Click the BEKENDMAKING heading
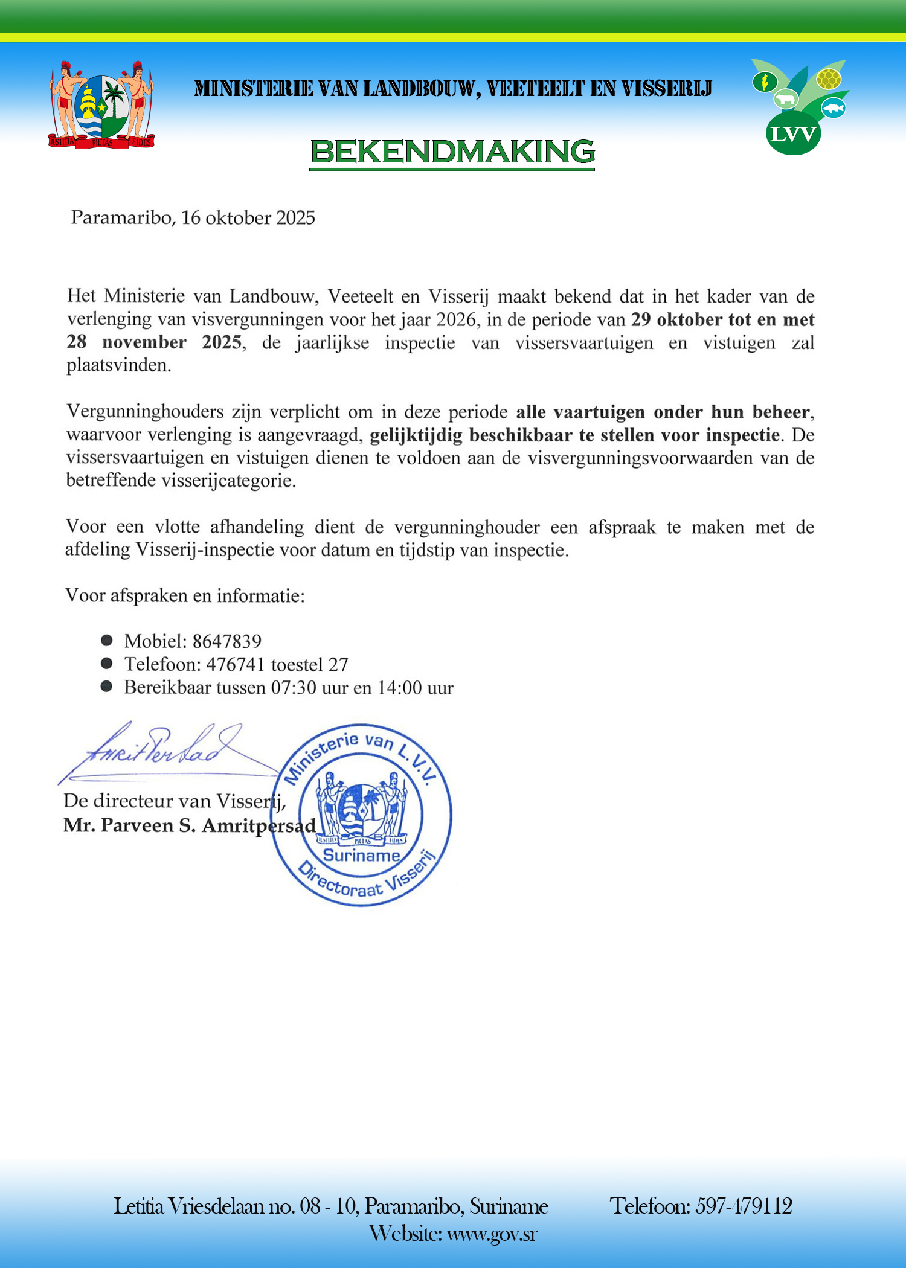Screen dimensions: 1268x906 pyautogui.click(x=452, y=151)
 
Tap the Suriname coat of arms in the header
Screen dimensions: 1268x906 pyautogui.click(x=101, y=104)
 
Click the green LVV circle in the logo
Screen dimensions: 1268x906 pyautogui.click(x=793, y=134)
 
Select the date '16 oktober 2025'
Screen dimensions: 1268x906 pyautogui.click(x=248, y=218)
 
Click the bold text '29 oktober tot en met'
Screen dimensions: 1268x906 pyautogui.click(x=723, y=319)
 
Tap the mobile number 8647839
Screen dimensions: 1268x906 pyautogui.click(x=226, y=641)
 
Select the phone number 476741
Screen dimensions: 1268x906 pyautogui.click(x=236, y=665)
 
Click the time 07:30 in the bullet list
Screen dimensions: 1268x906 pyautogui.click(x=293, y=688)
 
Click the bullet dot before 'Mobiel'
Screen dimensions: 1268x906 pyautogui.click(x=107, y=640)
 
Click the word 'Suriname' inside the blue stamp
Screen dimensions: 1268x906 pyautogui.click(x=361, y=856)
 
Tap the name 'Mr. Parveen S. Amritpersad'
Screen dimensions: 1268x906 pyautogui.click(x=190, y=825)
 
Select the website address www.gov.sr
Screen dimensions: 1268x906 pyautogui.click(x=492, y=1233)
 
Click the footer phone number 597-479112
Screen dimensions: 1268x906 pyautogui.click(x=744, y=1206)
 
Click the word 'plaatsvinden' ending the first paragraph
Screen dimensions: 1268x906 pyautogui.click(x=118, y=365)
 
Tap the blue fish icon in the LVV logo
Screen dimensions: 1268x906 pyautogui.click(x=834, y=109)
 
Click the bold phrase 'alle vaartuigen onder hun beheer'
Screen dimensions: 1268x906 pyautogui.click(x=663, y=412)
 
